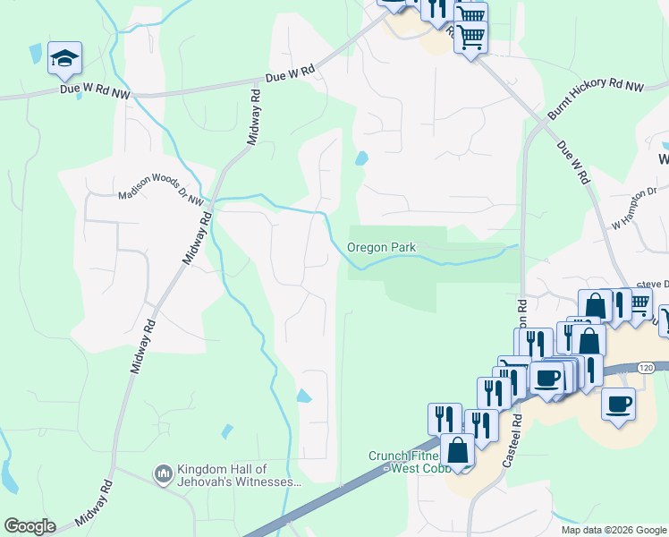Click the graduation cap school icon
point(64,58)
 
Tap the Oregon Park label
point(382,247)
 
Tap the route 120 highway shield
point(647,367)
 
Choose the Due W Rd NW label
point(95,89)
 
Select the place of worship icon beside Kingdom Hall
point(163,473)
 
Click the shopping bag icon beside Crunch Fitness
point(457,451)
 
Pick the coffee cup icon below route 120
point(619,404)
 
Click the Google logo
point(30,526)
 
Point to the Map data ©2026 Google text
point(614,530)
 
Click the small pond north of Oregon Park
point(361,159)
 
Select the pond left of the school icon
point(35,54)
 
